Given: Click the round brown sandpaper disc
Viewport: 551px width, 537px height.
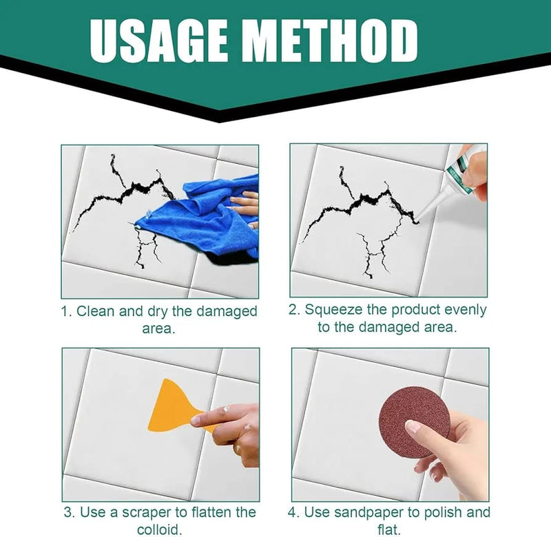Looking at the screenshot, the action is pos(414,421).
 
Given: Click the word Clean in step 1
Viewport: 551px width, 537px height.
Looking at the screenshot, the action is pos(96,311).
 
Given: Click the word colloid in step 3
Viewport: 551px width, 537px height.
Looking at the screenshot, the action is pos(158,530).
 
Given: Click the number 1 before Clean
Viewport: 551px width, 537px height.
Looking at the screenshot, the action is pos(64,311).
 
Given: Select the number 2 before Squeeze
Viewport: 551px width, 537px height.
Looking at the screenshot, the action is pos(293,310).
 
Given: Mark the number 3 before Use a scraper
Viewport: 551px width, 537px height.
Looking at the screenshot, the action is pos(68,513).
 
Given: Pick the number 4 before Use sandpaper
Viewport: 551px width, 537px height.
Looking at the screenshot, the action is pos(292,513).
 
